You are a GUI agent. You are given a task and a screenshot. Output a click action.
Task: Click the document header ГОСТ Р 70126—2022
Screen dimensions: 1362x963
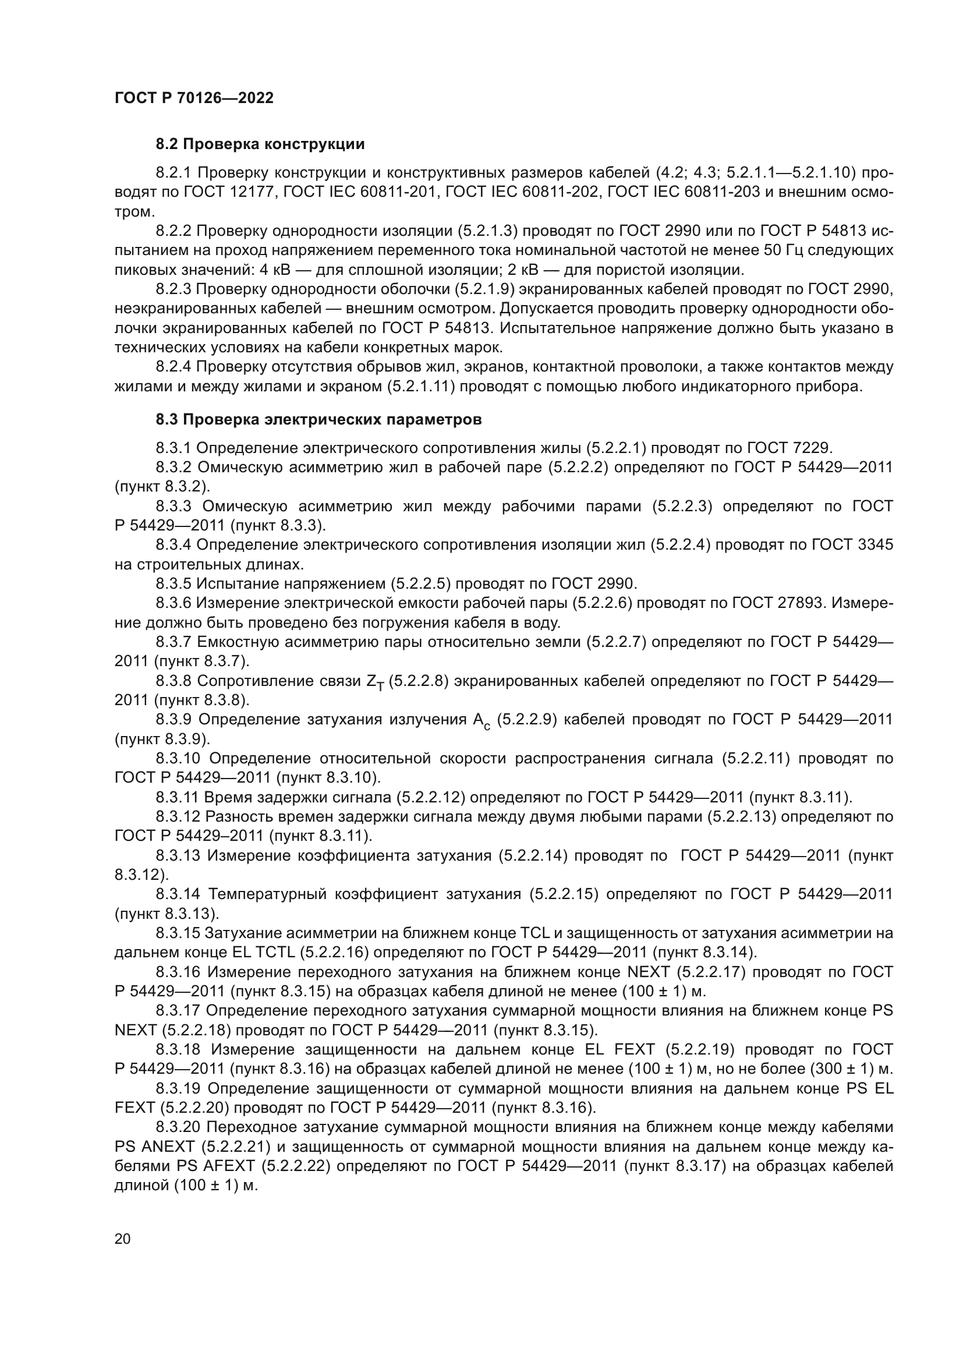194,98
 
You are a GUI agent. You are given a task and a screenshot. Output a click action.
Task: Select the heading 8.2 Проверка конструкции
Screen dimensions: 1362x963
260,144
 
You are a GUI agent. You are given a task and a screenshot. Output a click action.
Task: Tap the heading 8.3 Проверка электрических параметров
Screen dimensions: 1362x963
318,419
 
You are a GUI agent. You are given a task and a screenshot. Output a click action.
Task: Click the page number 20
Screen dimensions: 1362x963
122,1239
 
